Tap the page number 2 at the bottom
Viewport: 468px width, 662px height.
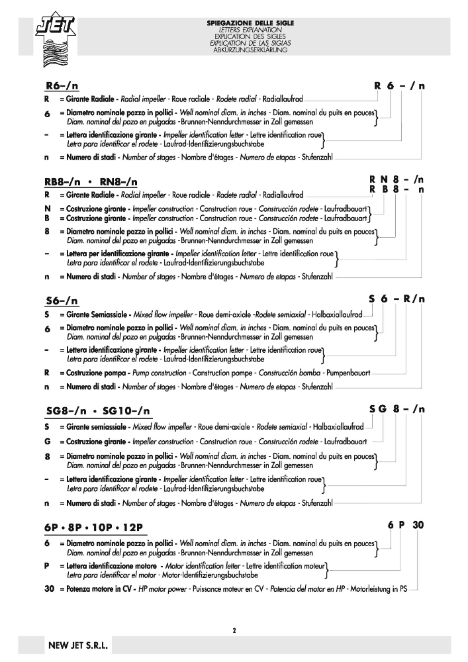pos(234,630)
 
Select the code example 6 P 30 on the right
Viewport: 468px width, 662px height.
pos(405,526)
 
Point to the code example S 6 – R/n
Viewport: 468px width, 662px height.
pos(397,299)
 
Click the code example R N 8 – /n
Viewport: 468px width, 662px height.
pos(397,179)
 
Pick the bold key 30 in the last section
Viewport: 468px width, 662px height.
pos(49,588)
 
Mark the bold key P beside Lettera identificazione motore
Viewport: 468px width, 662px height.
pos(47,567)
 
